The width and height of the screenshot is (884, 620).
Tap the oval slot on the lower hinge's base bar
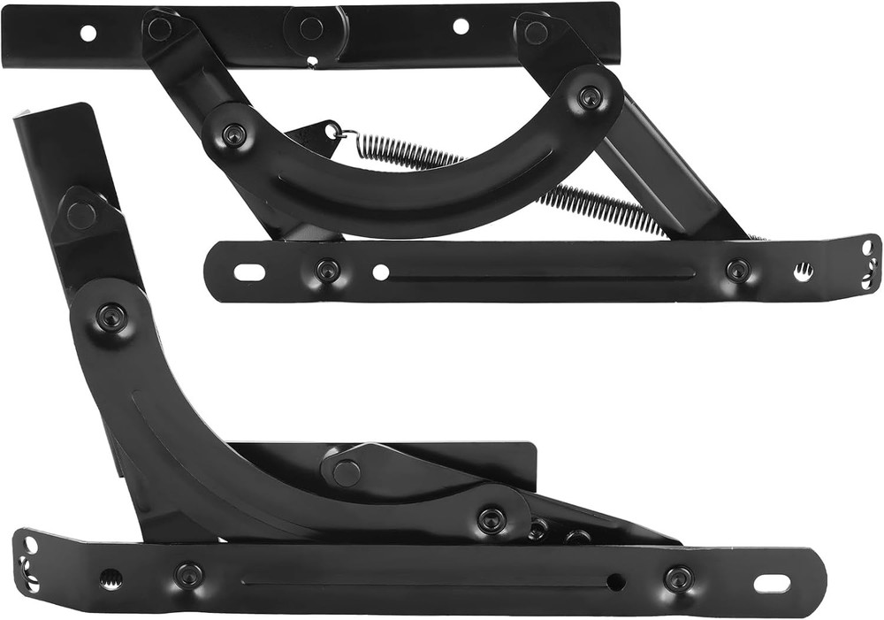coord(772,584)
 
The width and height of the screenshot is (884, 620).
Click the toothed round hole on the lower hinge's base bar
coord(110,579)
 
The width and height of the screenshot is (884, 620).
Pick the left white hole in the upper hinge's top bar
coord(88,34)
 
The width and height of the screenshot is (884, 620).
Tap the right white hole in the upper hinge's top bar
coord(461,27)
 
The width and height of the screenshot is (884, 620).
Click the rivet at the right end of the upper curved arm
coord(590,98)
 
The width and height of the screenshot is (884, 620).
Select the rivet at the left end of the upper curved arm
coord(233,135)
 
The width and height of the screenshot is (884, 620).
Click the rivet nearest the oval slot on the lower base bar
coord(678,579)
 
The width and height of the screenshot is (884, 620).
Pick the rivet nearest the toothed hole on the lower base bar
coord(188,576)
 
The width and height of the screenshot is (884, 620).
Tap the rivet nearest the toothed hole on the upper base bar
coord(738,271)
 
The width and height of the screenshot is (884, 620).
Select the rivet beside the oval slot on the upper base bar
coord(328,271)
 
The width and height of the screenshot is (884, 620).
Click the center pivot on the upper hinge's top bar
coord(310,28)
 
